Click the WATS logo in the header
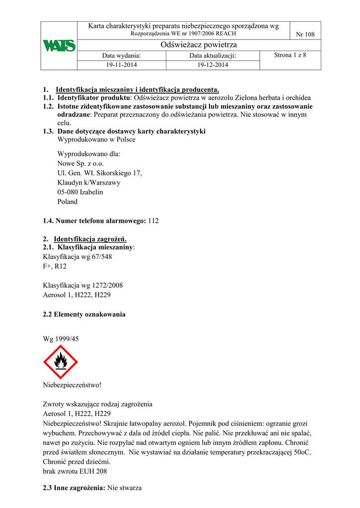(59, 46)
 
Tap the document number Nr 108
(305, 34)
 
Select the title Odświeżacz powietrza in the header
(192, 45)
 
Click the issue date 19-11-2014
(122, 65)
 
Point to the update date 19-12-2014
(213, 65)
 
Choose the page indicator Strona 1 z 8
(290, 55)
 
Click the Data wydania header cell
(122, 56)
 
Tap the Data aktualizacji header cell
(213, 56)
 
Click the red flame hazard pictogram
(61, 362)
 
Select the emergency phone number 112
(153, 220)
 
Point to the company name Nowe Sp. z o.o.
(81, 163)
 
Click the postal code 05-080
(68, 192)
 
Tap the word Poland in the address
(68, 201)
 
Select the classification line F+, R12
(55, 266)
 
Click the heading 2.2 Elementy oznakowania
(84, 314)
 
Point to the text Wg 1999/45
(61, 339)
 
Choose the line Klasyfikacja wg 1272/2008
(83, 285)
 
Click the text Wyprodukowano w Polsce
(96, 139)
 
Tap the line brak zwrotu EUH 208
(75, 471)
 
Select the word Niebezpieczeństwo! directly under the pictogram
(72, 384)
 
